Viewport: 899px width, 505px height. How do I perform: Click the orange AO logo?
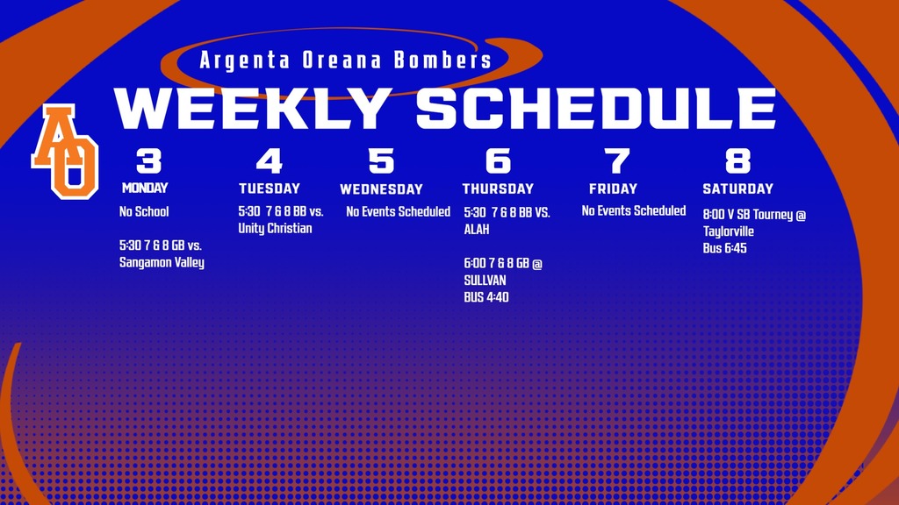pos(65,150)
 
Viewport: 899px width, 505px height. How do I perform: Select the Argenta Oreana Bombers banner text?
pos(345,60)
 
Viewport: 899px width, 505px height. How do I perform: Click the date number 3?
pos(148,161)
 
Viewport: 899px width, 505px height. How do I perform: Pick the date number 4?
pos(270,161)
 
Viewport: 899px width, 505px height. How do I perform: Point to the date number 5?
pos(381,161)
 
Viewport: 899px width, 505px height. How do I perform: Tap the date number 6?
pos(497,161)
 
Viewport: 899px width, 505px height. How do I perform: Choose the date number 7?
pos(617,161)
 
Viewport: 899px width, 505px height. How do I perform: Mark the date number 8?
pos(737,161)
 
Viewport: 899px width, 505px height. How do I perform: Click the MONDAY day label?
pos(145,188)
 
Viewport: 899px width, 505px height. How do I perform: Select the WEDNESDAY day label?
pos(381,189)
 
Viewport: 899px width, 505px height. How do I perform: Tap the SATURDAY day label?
pos(737,188)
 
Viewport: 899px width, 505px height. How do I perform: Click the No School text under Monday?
pos(144,211)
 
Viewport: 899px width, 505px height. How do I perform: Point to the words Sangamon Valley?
pos(162,262)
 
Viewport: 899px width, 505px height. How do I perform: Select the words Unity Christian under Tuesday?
pos(275,229)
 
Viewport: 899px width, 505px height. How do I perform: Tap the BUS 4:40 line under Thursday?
pos(486,297)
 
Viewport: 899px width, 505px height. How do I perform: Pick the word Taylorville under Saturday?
pos(729,231)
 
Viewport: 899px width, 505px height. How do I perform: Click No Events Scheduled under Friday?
pos(634,210)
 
